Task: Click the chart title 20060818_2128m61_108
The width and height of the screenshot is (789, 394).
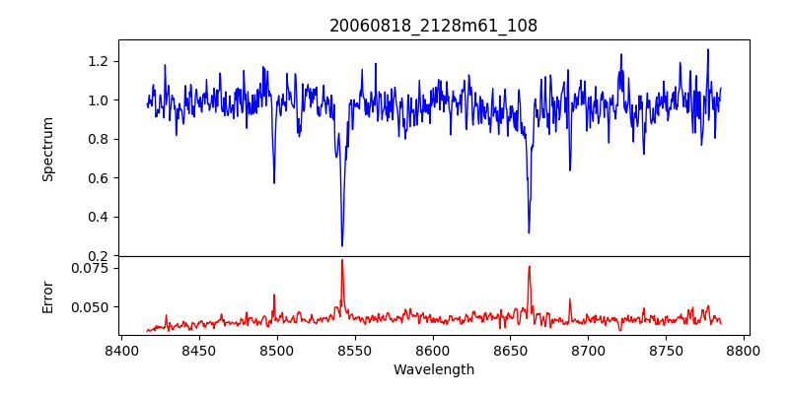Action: coord(434,27)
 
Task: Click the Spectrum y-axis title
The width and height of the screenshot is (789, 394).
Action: coord(48,149)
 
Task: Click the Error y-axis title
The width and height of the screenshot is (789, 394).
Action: coord(48,295)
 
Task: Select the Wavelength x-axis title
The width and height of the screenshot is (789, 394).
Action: coord(434,370)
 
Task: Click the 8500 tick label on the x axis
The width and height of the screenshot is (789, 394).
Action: coord(277,350)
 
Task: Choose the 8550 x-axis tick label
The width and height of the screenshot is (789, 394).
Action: coord(355,350)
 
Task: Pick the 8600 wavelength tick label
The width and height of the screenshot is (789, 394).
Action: coord(433,350)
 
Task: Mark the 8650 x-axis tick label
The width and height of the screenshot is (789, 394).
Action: coord(511,350)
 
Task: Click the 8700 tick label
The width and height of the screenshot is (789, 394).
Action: coord(589,350)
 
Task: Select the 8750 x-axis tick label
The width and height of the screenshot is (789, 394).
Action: coord(667,350)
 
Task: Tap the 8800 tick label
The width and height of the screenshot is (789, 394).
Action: coord(745,350)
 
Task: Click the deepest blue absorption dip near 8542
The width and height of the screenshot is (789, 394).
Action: coord(342,245)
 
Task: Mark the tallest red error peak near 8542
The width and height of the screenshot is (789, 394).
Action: coord(342,260)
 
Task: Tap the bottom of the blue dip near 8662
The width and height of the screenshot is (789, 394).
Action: coord(529,232)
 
